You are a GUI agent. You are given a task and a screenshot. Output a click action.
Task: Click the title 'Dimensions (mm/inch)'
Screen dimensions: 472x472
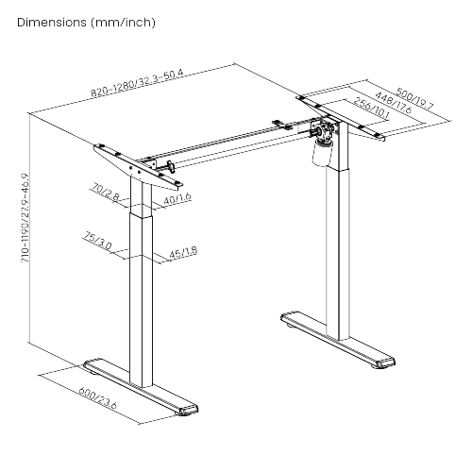86,23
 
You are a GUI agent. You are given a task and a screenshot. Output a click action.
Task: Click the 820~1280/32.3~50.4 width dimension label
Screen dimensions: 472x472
137,83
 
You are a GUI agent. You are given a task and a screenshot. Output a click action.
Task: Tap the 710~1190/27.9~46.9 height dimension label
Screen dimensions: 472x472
25,218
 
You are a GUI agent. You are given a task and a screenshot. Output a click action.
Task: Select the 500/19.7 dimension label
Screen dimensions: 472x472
414,98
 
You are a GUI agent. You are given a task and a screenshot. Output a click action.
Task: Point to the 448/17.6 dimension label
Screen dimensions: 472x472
394,103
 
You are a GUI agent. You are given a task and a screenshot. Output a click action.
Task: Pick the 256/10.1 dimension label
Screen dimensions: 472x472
371,109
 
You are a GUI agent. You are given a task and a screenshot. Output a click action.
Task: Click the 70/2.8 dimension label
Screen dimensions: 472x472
105,193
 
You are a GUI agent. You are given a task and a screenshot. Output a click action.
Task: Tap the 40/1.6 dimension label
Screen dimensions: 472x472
177,199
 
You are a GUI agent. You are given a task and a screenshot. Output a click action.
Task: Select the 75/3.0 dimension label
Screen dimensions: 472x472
97,241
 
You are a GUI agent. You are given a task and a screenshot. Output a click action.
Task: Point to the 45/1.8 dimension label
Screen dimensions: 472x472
183,253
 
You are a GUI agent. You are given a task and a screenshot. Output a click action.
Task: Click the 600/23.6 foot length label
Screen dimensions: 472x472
97,398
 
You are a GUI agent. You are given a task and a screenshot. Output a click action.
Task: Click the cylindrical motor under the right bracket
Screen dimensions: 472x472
322,153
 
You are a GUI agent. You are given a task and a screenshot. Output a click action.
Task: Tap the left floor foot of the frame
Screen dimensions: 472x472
141,387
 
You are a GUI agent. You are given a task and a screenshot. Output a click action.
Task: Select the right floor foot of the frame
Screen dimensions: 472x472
338,340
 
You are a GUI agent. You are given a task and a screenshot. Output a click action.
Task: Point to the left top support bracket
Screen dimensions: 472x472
138,167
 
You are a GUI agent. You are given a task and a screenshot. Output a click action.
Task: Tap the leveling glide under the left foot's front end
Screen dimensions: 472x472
186,414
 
